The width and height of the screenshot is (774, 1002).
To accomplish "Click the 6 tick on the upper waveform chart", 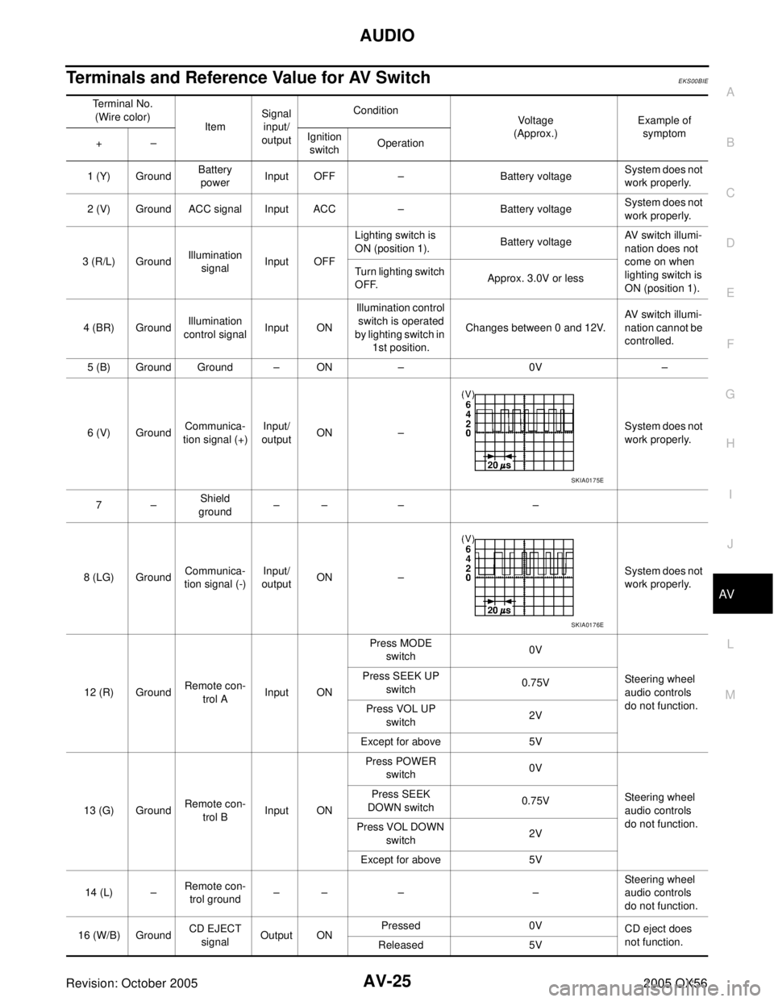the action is (468, 405).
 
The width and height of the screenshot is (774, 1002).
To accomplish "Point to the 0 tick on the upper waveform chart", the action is (468, 433).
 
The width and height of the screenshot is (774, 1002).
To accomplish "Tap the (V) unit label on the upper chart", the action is (468, 395).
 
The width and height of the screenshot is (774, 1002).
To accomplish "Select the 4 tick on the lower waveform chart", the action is (468, 559).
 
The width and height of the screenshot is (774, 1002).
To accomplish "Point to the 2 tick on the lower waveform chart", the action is (468, 569).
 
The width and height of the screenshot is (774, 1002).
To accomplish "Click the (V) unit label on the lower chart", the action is (468, 538).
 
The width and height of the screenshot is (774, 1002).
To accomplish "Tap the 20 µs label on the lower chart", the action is (499, 611).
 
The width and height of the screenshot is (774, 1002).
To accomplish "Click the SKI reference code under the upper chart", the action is (576, 480).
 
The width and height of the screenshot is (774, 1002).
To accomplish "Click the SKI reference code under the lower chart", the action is (576, 625).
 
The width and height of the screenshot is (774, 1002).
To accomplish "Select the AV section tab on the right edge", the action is (729, 595).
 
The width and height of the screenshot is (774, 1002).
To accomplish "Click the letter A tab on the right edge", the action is (730, 93).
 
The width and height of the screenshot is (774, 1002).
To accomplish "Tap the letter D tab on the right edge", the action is (730, 243).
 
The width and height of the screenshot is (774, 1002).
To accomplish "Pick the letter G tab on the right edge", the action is (730, 394).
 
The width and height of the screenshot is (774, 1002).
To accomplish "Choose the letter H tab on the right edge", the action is (730, 444).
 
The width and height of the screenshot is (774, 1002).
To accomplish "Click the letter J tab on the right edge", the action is (730, 545).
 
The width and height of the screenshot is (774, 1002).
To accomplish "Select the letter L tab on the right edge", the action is (730, 645).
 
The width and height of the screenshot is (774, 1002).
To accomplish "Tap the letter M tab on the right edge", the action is (730, 695).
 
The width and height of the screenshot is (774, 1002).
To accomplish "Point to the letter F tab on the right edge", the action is (730, 344).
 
